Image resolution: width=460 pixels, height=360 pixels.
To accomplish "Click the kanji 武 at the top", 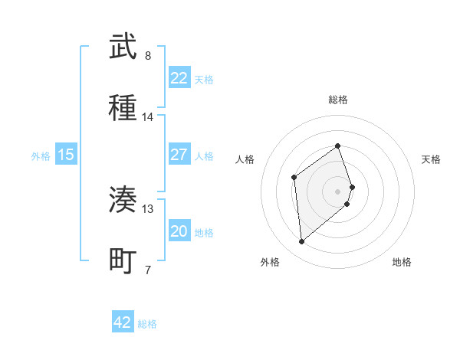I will click(123, 47).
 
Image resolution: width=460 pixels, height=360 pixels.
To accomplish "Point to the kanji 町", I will click(123, 260).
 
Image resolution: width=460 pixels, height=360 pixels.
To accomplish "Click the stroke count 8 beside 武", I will click(148, 55).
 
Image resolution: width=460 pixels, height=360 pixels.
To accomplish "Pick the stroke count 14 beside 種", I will click(148, 117).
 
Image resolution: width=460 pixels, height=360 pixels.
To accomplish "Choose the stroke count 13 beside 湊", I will click(148, 208).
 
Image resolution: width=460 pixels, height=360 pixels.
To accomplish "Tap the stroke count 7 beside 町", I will click(148, 270).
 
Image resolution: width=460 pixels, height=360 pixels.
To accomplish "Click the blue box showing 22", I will click(179, 78).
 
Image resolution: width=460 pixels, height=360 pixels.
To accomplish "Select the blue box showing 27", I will click(179, 155).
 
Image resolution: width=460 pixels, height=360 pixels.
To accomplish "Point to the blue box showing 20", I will click(179, 231).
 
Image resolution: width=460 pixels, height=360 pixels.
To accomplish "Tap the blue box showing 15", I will click(66, 155).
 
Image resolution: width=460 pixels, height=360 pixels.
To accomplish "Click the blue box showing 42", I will click(123, 322).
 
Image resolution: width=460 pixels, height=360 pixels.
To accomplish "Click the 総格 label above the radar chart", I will click(338, 100).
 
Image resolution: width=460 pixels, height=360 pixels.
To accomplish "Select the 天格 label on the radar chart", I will click(432, 159).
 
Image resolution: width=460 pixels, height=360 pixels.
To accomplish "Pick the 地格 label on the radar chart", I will click(402, 262).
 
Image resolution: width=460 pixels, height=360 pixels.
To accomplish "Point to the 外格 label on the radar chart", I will click(270, 262).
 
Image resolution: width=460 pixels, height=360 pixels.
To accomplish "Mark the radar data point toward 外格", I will click(302, 242).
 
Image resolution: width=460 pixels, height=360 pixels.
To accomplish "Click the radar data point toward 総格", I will click(337, 146).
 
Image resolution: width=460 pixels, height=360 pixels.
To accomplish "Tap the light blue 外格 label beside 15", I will click(41, 155).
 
